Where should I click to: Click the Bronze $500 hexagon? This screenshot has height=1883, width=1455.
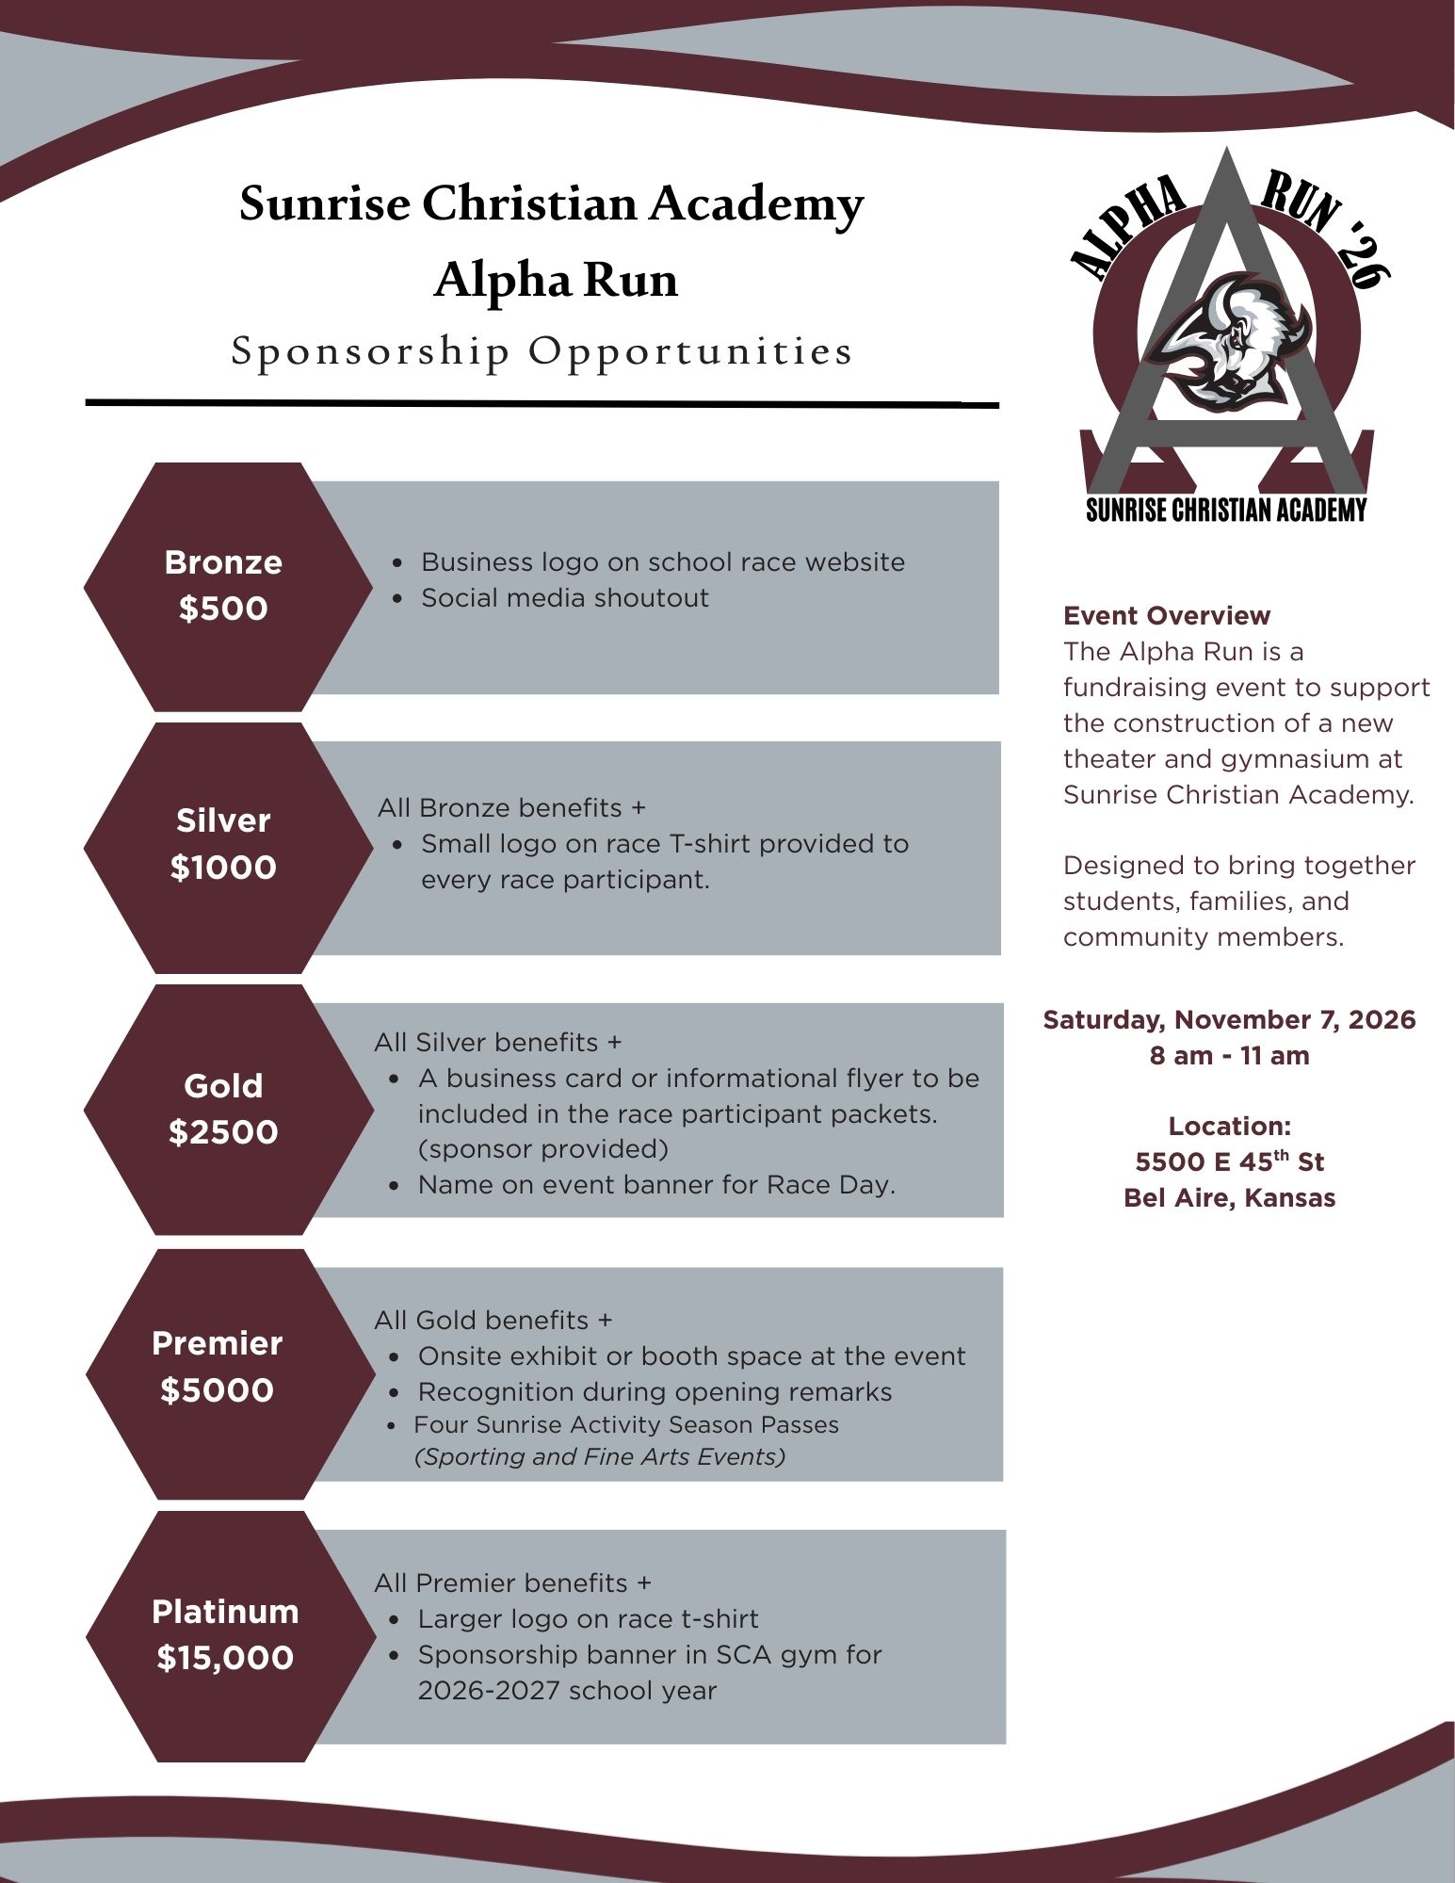click(224, 586)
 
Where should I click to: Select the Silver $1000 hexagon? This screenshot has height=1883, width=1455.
click(224, 845)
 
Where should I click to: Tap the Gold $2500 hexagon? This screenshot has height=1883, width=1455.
click(224, 1109)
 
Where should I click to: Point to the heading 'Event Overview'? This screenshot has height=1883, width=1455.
click(1166, 616)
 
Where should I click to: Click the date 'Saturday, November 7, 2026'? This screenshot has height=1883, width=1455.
click(1229, 1020)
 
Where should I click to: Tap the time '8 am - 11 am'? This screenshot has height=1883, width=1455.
click(1229, 1056)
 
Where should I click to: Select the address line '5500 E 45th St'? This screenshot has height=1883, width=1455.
click(1229, 1162)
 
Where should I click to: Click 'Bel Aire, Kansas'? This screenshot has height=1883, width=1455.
click(1229, 1198)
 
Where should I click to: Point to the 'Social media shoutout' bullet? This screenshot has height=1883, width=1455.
click(564, 598)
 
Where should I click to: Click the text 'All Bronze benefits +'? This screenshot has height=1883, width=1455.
click(511, 808)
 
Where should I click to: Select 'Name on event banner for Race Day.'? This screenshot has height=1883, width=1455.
click(656, 1185)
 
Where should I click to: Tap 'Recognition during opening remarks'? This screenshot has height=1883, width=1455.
click(655, 1392)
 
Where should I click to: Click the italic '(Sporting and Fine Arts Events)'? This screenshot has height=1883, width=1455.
click(600, 1457)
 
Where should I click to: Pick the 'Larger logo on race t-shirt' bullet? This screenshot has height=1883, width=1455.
click(588, 1619)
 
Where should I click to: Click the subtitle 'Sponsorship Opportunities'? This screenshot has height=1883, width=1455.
click(542, 351)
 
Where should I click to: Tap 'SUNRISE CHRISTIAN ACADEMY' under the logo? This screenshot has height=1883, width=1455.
click(1225, 511)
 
